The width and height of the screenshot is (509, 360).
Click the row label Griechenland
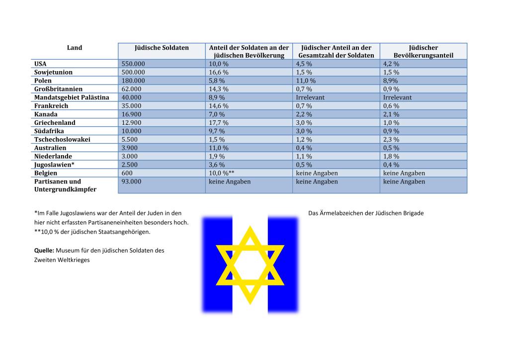click(55, 123)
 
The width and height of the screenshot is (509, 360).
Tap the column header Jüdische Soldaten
click(162, 48)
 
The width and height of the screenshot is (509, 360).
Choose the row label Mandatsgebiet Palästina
click(72, 97)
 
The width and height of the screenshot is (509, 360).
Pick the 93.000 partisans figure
click(131, 182)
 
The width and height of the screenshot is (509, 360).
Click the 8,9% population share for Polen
click(390, 81)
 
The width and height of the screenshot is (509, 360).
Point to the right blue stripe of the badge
click(283, 264)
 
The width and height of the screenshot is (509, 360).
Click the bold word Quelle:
click(44, 251)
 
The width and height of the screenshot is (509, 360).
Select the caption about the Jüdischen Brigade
click(366, 213)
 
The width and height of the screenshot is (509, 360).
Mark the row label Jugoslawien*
click(54, 165)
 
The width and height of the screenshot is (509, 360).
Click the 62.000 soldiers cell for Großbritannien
click(131, 89)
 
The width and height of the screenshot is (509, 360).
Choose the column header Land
click(75, 48)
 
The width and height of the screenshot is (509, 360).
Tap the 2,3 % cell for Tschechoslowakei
click(391, 140)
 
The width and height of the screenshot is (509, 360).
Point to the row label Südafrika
click(49, 131)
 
